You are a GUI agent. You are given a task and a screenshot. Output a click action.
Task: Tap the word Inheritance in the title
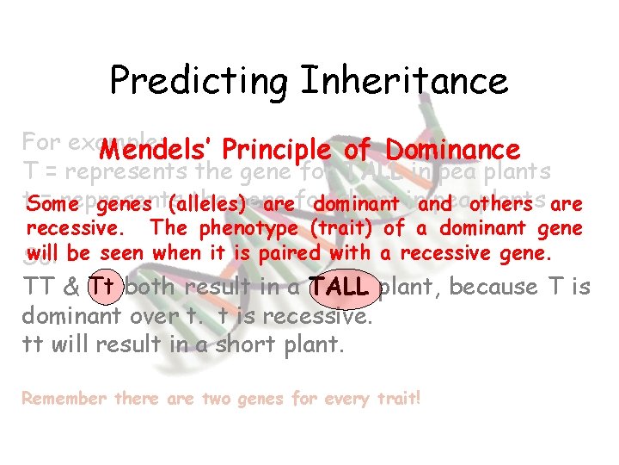click(x=405, y=81)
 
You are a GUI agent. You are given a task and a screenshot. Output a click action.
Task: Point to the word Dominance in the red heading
click(x=453, y=150)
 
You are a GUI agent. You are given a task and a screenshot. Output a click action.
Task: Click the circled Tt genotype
click(x=101, y=286)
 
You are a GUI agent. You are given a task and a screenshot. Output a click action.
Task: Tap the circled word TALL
click(x=341, y=286)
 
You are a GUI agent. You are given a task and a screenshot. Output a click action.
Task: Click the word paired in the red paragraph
click(x=285, y=253)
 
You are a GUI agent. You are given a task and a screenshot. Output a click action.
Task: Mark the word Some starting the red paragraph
click(x=49, y=206)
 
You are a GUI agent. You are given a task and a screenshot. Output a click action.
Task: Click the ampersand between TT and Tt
click(x=69, y=286)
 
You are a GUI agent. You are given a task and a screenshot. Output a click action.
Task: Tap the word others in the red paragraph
click(x=500, y=206)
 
